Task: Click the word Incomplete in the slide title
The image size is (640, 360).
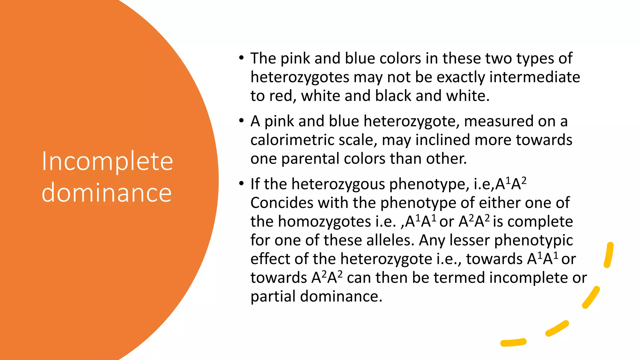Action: pos(107,162)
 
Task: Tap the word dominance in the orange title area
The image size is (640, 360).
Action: pos(107,193)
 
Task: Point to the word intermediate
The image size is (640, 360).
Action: pos(534,77)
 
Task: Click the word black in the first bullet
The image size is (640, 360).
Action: pos(393,96)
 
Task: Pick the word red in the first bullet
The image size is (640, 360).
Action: pos(282,96)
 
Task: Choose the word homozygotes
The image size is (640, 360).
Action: pos(324,222)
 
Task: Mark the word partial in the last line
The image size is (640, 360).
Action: pos(273,296)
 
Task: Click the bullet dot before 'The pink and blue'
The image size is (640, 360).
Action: pos(241,58)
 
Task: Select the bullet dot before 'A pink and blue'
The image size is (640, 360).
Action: pos(241,121)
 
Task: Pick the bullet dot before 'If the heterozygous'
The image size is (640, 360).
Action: pos(241,183)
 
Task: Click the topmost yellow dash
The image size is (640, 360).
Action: pos(609,255)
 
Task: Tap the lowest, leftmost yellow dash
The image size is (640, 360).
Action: pos(513,342)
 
